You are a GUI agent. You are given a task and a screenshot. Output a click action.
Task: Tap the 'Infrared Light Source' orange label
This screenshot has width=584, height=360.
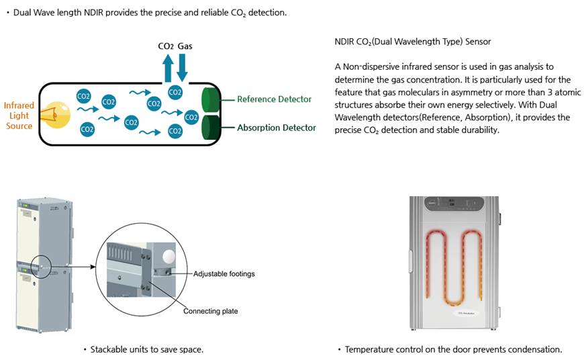(19, 116)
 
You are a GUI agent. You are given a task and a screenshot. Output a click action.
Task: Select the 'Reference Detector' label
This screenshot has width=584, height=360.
(274, 99)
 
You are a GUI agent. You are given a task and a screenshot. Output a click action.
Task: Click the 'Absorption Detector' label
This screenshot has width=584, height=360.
(276, 128)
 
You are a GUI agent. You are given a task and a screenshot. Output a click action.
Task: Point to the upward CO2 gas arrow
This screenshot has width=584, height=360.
(168, 69)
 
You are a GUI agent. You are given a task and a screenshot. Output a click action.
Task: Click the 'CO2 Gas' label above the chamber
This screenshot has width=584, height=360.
(175, 46)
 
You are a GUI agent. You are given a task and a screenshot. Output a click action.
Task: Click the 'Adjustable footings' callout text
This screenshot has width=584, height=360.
(224, 274)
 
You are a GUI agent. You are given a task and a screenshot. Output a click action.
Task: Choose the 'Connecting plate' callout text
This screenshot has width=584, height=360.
(210, 311)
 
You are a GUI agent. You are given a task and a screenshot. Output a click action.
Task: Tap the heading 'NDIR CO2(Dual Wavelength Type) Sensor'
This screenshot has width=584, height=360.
(412, 42)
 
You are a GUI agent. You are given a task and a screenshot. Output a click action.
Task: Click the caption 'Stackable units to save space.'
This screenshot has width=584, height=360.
(146, 349)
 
